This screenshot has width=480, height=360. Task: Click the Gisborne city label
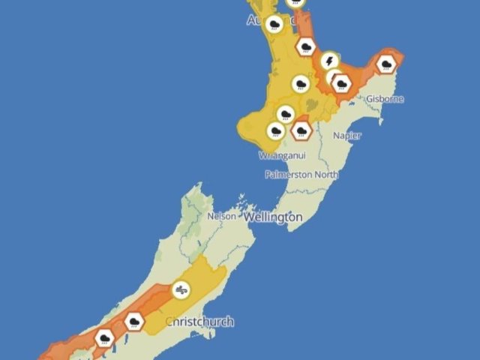coord(385,99)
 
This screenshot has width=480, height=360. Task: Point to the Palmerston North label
coord(301,174)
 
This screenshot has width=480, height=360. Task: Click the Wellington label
coord(272,217)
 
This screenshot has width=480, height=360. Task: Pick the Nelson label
coord(221,215)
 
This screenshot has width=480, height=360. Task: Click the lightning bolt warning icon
coord(329,59)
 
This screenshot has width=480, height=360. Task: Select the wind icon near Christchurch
coord(181,289)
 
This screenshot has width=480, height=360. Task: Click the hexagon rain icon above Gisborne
coord(386,65)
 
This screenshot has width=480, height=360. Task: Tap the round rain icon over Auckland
coord(275,25)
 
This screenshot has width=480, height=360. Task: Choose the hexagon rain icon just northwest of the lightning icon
coord(305,46)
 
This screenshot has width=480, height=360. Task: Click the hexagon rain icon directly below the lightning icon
coord(342,82)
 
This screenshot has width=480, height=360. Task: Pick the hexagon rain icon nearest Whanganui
coord(301,130)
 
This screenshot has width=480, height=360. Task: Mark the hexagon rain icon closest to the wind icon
coord(134,322)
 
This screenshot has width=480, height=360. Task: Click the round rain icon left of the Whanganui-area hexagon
coord(276,131)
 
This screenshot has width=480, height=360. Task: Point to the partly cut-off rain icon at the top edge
coord(297,2)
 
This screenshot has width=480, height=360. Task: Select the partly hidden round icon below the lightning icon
coord(332,76)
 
